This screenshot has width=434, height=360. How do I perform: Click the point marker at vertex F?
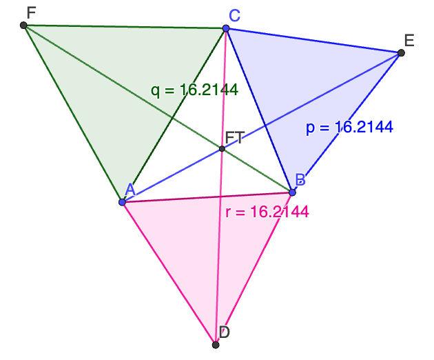(24, 26)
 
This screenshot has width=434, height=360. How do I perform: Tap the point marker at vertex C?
(225, 28)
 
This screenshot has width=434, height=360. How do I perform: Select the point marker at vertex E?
(400, 52)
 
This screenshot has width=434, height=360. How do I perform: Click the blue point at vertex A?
(122, 202)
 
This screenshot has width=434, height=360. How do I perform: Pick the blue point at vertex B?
(292, 192)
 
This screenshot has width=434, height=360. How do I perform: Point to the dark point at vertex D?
(216, 344)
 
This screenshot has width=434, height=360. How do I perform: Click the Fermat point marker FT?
(222, 148)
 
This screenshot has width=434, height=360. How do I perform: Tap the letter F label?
(31, 12)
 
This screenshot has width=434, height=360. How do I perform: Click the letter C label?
(234, 16)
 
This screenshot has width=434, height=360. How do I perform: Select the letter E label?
(409, 40)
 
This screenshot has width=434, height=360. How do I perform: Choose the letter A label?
(130, 189)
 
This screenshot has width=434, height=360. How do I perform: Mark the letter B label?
(300, 179)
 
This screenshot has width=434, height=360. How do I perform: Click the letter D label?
(224, 332)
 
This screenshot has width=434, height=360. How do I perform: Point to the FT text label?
(235, 137)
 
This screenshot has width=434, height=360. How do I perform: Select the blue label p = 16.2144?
(349, 127)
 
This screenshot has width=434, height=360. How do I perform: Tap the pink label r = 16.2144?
(267, 212)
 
